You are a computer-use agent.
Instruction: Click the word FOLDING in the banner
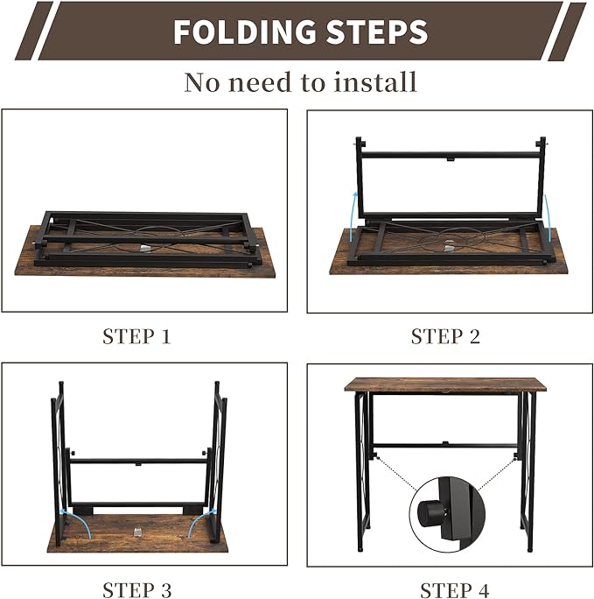point(244,32)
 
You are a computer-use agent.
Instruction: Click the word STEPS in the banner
point(377,32)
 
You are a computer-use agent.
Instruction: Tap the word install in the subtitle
point(375,81)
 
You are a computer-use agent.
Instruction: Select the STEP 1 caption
point(136,336)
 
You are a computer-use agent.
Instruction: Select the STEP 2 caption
point(445,336)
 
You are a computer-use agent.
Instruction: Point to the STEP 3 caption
point(137,590)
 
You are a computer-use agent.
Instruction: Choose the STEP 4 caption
point(454,590)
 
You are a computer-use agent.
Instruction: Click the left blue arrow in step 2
point(353,216)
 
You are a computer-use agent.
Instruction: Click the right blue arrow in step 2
point(547,218)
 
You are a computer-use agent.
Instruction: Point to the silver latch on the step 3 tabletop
point(137,532)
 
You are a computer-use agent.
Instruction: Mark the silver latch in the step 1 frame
point(145,249)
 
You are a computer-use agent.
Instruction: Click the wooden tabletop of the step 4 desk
point(445,384)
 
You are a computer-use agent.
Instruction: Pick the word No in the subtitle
point(203,82)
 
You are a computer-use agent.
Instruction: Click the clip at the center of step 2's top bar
point(451,159)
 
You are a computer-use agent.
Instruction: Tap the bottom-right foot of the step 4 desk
point(530,549)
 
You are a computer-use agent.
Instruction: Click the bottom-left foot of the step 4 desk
point(360,549)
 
